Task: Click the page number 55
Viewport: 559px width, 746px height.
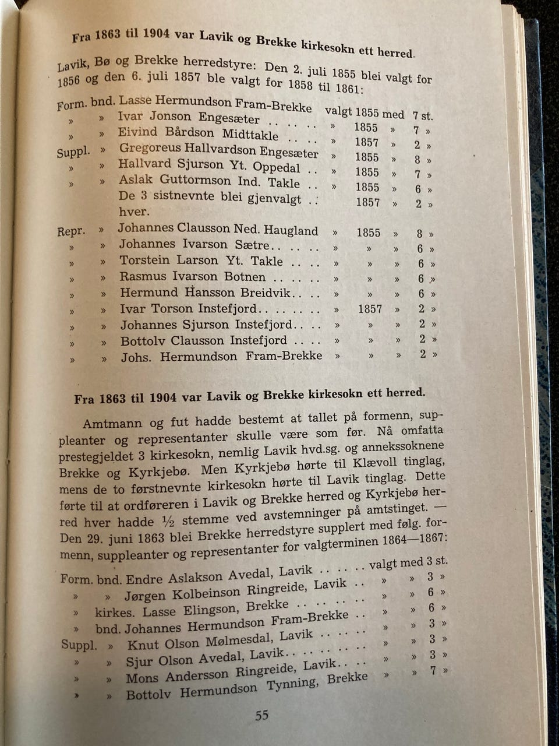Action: (262, 716)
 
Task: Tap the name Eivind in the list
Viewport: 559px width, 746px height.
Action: (137, 132)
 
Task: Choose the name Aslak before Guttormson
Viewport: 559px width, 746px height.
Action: (136, 180)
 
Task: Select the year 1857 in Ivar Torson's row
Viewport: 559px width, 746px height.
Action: (370, 309)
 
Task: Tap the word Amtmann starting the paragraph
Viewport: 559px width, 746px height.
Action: (112, 423)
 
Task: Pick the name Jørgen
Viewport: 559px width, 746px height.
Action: (144, 596)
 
